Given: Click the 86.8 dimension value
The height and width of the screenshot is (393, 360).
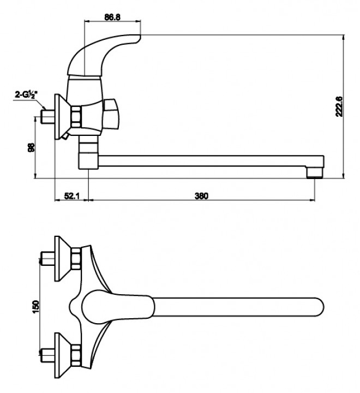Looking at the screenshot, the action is [112, 17].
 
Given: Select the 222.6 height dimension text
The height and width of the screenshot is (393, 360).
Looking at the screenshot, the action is [339, 106].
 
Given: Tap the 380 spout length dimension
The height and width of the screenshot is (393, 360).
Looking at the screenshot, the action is [201, 195].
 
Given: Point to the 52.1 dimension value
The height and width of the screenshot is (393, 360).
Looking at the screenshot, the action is [71, 195].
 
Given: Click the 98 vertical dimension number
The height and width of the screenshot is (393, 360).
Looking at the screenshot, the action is [31, 147].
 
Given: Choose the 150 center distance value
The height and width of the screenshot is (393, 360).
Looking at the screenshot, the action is [36, 307].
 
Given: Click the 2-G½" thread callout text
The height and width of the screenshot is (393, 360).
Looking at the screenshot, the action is [26, 94].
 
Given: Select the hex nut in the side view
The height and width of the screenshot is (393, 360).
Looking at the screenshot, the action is [76, 116].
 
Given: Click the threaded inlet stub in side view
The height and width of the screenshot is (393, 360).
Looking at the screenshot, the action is [47, 117].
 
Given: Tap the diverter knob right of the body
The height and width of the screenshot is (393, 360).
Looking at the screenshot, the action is [111, 115].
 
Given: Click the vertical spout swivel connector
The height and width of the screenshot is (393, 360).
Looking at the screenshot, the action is [88, 152].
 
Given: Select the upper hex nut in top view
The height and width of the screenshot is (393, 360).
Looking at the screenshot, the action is [76, 259].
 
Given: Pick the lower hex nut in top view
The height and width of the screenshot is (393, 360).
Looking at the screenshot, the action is [76, 355].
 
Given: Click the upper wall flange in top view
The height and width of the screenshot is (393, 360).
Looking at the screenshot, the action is [63, 259].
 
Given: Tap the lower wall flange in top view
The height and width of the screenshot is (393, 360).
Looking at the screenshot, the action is [63, 355].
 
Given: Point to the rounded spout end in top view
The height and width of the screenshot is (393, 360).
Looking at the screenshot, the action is [317, 307].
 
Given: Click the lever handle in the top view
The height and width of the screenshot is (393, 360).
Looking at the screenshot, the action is [117, 307].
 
